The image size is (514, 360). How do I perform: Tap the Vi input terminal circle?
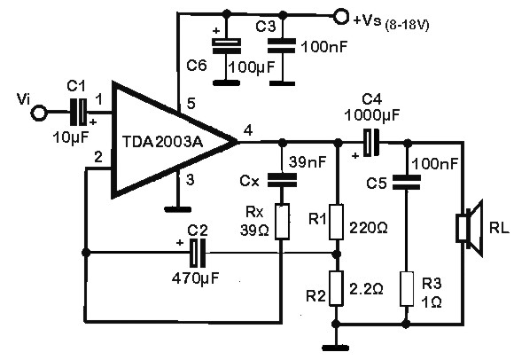coord(37,113)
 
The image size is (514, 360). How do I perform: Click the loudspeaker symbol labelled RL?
coord(466,226)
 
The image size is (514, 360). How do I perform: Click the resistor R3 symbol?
coord(407,288)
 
